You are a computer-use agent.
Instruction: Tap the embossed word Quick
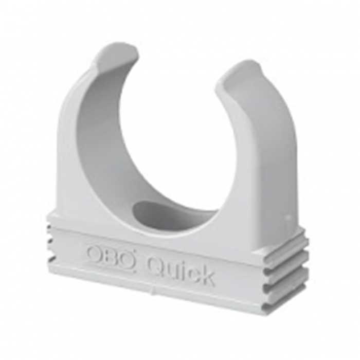pos(179,270)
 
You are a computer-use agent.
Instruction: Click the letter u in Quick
pos(171,270)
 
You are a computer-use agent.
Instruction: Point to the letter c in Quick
pos(192,274)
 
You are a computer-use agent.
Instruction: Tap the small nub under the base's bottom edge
pos(152,291)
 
